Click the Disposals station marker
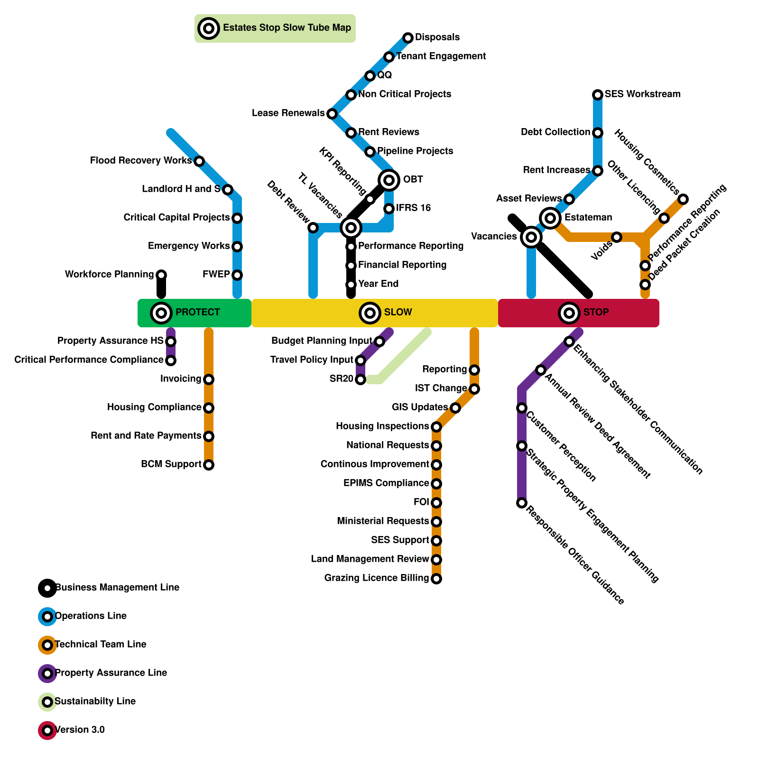pos(408,38)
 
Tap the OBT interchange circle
pos(389,180)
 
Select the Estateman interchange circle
pos(550,218)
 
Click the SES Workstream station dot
pos(598,95)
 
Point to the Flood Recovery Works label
pos(140,161)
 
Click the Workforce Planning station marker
pos(161,275)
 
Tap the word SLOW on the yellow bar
pos(398,312)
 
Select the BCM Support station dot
pos(209,465)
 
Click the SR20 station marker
pos(361,379)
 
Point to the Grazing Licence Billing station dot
pos(436,579)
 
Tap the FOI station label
pos(421,502)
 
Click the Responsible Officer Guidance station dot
pos(522,503)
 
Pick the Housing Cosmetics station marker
pos(683,199)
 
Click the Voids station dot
pos(617,237)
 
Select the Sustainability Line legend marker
pos(47,702)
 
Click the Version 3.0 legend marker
pos(47,731)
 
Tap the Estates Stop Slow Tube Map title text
pos(287,28)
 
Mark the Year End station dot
pos(351,285)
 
